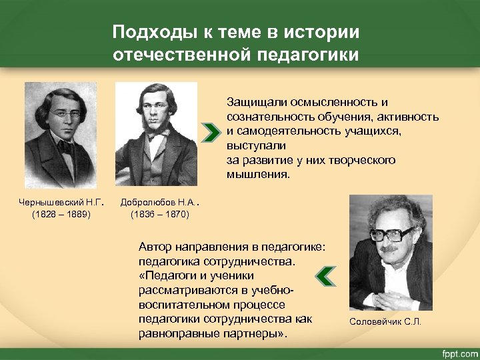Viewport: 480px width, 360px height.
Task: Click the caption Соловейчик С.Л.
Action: click(x=385, y=323)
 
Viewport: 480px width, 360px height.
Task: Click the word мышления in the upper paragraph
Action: click(x=256, y=175)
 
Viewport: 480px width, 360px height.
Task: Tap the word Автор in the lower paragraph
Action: click(x=155, y=247)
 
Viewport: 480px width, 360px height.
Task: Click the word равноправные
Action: click(x=176, y=333)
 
